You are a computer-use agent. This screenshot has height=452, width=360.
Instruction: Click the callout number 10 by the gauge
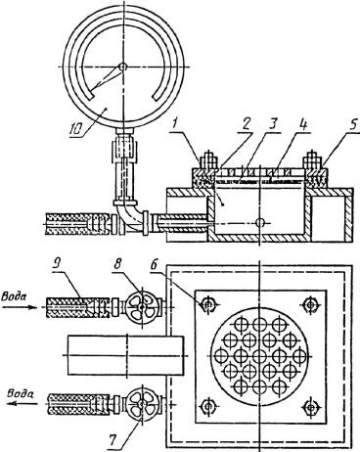pyautogui.click(x=77, y=129)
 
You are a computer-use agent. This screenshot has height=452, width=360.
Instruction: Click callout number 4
pyautogui.click(x=305, y=125)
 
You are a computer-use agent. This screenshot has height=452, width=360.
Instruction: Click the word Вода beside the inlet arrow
pyautogui.click(x=14, y=296)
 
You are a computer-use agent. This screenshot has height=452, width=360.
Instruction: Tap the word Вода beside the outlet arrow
pyautogui.click(x=21, y=393)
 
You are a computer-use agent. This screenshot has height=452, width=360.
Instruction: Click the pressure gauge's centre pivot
pyautogui.click(x=122, y=67)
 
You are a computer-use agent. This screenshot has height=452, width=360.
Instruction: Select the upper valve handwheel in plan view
pyautogui.click(x=142, y=306)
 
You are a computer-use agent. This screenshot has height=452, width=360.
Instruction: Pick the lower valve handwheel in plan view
pyautogui.click(x=141, y=404)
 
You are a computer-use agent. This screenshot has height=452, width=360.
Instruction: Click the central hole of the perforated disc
pyautogui.click(x=259, y=355)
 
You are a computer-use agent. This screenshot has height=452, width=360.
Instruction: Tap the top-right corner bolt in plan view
pyautogui.click(x=310, y=305)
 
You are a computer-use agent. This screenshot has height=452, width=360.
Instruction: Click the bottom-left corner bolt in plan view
pyautogui.click(x=207, y=406)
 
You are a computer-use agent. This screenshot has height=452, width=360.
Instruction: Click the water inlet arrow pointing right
pyautogui.click(x=20, y=306)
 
